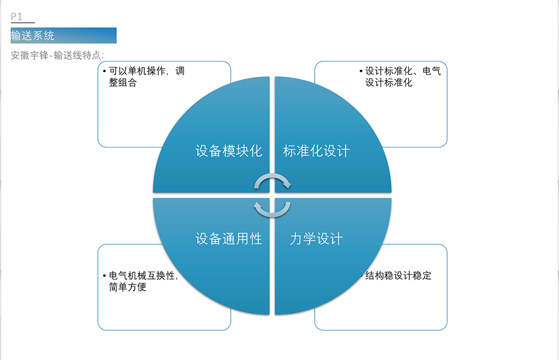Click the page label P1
pyautogui.click(x=16, y=16)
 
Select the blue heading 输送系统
pyautogui.click(x=32, y=36)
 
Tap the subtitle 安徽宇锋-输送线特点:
pyautogui.click(x=58, y=55)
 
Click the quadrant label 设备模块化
pyautogui.click(x=229, y=151)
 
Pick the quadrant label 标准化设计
pyautogui.click(x=316, y=151)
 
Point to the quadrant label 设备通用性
pyautogui.click(x=229, y=239)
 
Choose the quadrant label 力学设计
pyautogui.click(x=316, y=239)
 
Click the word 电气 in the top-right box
pyautogui.click(x=432, y=71)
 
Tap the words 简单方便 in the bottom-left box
pyautogui.click(x=127, y=287)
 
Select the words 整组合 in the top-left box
pyautogui.click(x=123, y=82)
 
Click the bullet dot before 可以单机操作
pyautogui.click(x=104, y=72)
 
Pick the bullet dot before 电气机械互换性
pyautogui.click(x=104, y=276)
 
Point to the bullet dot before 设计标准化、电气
pyautogui.click(x=361, y=72)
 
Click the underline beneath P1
pyautogui.click(x=23, y=22)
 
